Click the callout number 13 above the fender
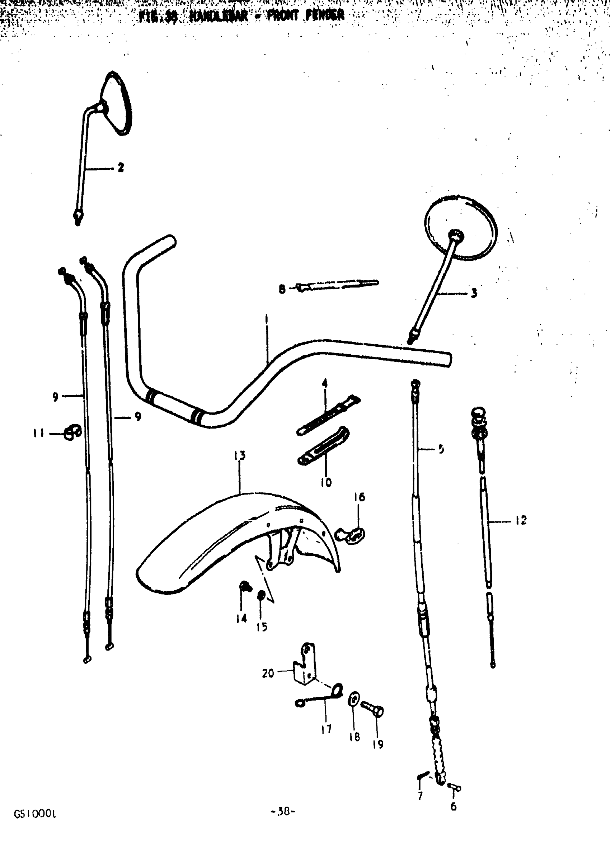pos(240,456)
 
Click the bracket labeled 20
pos(305,667)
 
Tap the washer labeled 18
pos(353,700)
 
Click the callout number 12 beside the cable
pos(521,521)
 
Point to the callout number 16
pos(359,497)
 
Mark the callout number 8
pos(282,290)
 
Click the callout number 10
pos(326,482)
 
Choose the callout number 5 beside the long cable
pos(441,449)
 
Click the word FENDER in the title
pos(325,15)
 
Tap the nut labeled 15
pos(261,596)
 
